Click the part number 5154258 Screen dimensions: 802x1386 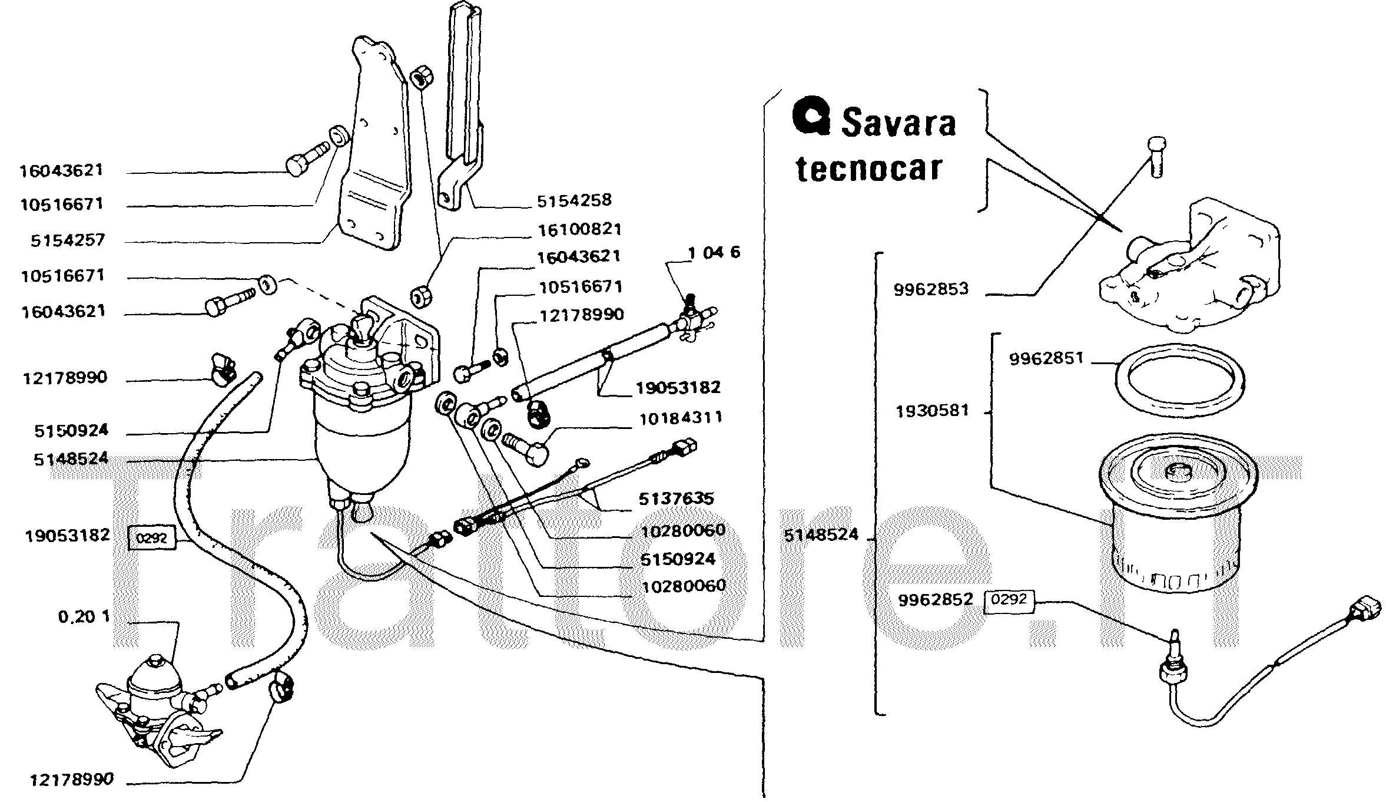point(573,201)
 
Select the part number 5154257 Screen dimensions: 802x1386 point(68,240)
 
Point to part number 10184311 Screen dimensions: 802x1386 point(680,419)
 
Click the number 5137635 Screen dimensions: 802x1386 point(676,499)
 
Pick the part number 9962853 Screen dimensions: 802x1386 point(930,289)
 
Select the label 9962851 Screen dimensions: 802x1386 point(1046,358)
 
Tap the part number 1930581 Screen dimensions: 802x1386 point(931,411)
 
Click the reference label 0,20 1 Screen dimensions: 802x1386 point(84,617)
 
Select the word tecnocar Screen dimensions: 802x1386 point(869,169)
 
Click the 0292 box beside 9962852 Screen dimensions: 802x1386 point(1009,600)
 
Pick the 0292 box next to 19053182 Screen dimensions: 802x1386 point(151,538)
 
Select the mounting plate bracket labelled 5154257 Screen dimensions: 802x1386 point(377,147)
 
